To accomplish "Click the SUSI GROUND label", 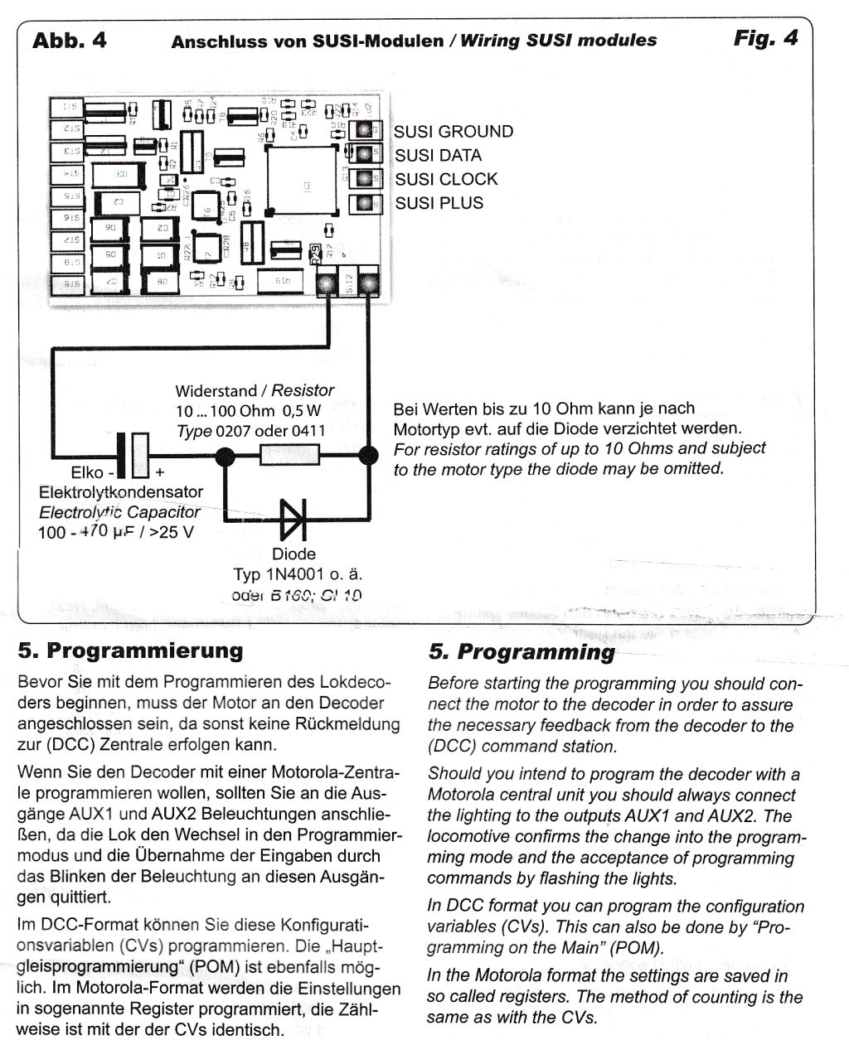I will click(x=454, y=132).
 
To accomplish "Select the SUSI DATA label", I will click(x=438, y=156).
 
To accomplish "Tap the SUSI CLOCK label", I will click(x=446, y=179).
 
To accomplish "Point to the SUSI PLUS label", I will click(x=439, y=203).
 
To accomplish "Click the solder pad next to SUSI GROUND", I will click(x=363, y=130).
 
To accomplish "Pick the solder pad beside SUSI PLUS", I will click(x=363, y=203).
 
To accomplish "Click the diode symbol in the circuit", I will click(x=294, y=520).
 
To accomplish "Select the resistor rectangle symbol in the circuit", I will click(x=290, y=454).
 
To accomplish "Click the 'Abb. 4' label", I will click(x=70, y=40).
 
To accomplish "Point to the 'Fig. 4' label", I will click(x=765, y=38).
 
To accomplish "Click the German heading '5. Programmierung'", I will click(x=130, y=650).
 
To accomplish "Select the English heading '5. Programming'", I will click(x=522, y=652).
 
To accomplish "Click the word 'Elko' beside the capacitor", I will click(x=87, y=475).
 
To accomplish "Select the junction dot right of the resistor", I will click(x=367, y=455).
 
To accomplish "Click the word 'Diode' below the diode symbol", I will click(x=294, y=554).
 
